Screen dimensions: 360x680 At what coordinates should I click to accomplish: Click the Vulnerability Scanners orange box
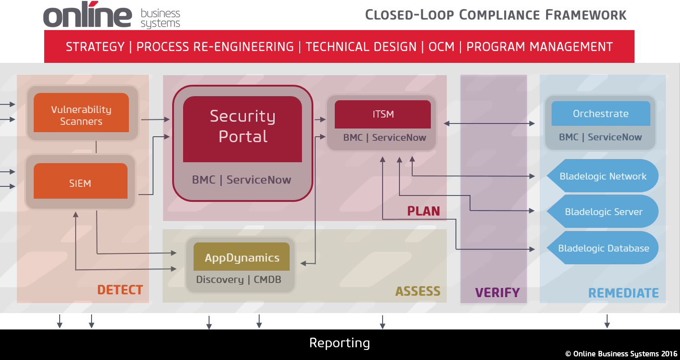[x=81, y=113]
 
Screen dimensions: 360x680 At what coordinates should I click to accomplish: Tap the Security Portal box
[x=242, y=129]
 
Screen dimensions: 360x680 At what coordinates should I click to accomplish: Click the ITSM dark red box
[x=383, y=114]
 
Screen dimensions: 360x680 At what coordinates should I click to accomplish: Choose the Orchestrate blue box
[x=600, y=113]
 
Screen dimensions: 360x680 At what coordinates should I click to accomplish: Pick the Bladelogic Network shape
[x=603, y=176]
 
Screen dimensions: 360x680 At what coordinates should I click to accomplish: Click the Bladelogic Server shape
[x=603, y=211]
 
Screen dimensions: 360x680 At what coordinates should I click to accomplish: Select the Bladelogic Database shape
[x=603, y=248]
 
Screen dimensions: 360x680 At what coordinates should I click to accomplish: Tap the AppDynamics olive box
[x=242, y=257]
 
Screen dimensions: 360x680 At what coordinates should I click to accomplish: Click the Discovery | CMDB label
[x=238, y=279]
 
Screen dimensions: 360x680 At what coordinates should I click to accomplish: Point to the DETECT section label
[x=120, y=290]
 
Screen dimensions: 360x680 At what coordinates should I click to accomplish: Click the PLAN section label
[x=423, y=211]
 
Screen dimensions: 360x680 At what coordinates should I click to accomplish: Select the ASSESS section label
[x=417, y=291]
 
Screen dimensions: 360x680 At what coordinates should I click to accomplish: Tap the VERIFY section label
[x=497, y=293]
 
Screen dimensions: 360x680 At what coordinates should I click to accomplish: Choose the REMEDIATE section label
[x=623, y=293]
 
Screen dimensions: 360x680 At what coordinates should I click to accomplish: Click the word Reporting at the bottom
[x=339, y=343]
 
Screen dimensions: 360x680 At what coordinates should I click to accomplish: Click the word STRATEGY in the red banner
[x=95, y=47]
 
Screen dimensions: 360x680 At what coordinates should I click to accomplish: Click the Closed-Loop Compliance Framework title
[x=496, y=15]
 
